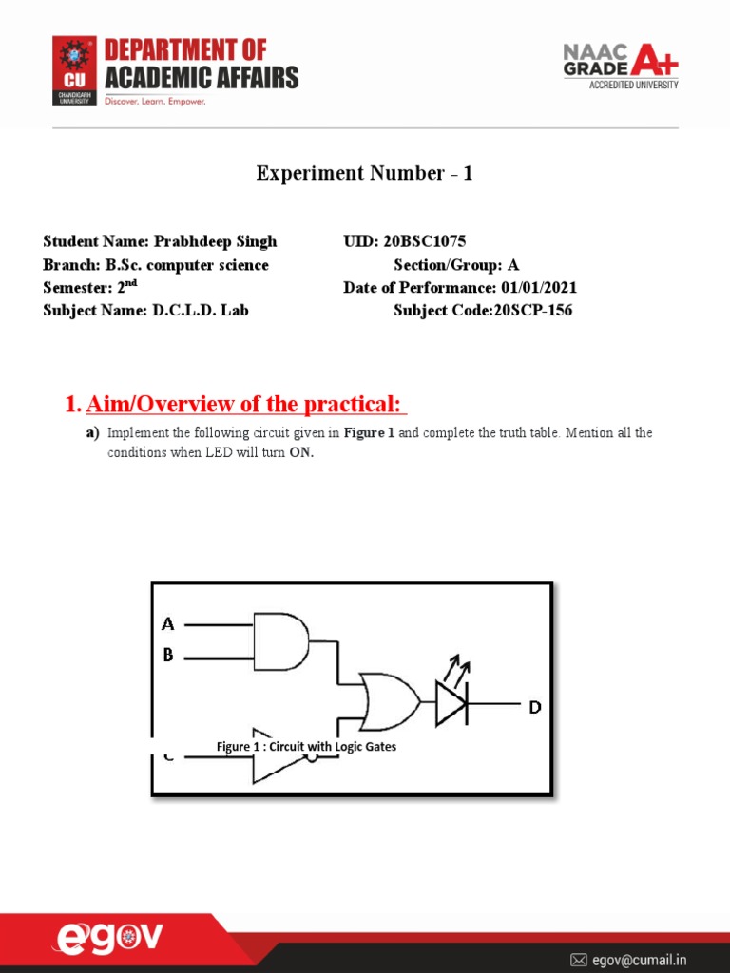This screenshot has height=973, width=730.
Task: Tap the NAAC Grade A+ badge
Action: coord(621,65)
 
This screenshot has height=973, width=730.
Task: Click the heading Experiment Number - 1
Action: coord(364,173)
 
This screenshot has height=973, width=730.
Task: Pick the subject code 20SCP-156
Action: coord(532,311)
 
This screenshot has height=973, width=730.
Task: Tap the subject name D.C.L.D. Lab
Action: coord(201,311)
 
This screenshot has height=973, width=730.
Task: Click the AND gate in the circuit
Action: coord(280,640)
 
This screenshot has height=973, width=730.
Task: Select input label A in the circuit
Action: coord(168,624)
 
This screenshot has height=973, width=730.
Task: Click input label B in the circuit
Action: coord(168,656)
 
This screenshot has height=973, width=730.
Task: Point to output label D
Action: coord(535,708)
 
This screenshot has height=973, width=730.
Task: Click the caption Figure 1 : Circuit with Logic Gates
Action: coord(306,747)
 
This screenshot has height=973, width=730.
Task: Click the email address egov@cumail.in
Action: coord(640,961)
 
